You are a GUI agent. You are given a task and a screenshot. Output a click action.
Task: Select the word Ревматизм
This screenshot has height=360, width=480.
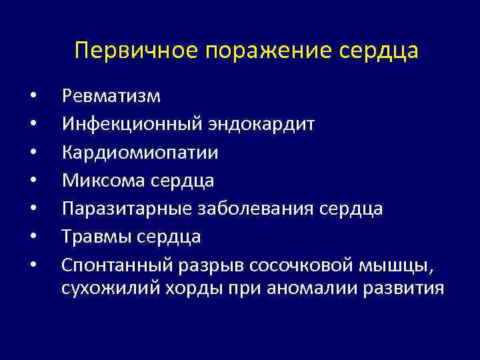tap(111, 97)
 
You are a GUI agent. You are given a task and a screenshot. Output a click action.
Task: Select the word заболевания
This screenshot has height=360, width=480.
tap(255, 209)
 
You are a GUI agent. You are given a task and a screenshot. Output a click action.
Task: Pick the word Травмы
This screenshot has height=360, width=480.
tap(95, 237)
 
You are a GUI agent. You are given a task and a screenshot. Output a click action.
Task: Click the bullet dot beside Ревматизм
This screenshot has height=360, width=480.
tap(33, 97)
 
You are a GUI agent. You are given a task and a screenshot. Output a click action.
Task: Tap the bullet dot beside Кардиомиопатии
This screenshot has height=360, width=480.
tap(33, 153)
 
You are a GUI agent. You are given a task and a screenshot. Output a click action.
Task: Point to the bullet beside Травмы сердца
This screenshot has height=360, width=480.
tap(33, 237)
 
